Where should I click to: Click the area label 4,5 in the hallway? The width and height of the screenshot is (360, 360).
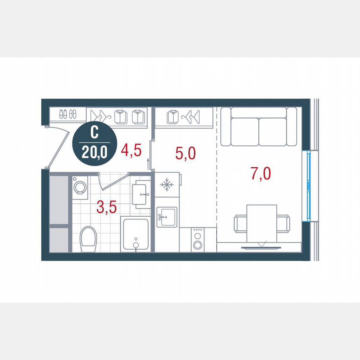coord(130,150)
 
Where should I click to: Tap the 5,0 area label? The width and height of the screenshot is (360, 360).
coord(185,153)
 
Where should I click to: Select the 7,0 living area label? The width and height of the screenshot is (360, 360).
coord(261,172)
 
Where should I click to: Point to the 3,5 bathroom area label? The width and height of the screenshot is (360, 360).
coord(106,207)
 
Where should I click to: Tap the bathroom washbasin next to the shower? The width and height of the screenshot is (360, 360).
coord(142,195)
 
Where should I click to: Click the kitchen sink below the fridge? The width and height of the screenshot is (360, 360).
coord(167,217)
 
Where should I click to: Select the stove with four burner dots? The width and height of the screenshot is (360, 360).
coord(197,239)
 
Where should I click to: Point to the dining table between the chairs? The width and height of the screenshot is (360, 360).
coord(261,223)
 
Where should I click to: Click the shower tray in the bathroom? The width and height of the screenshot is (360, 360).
coord(135,234)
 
